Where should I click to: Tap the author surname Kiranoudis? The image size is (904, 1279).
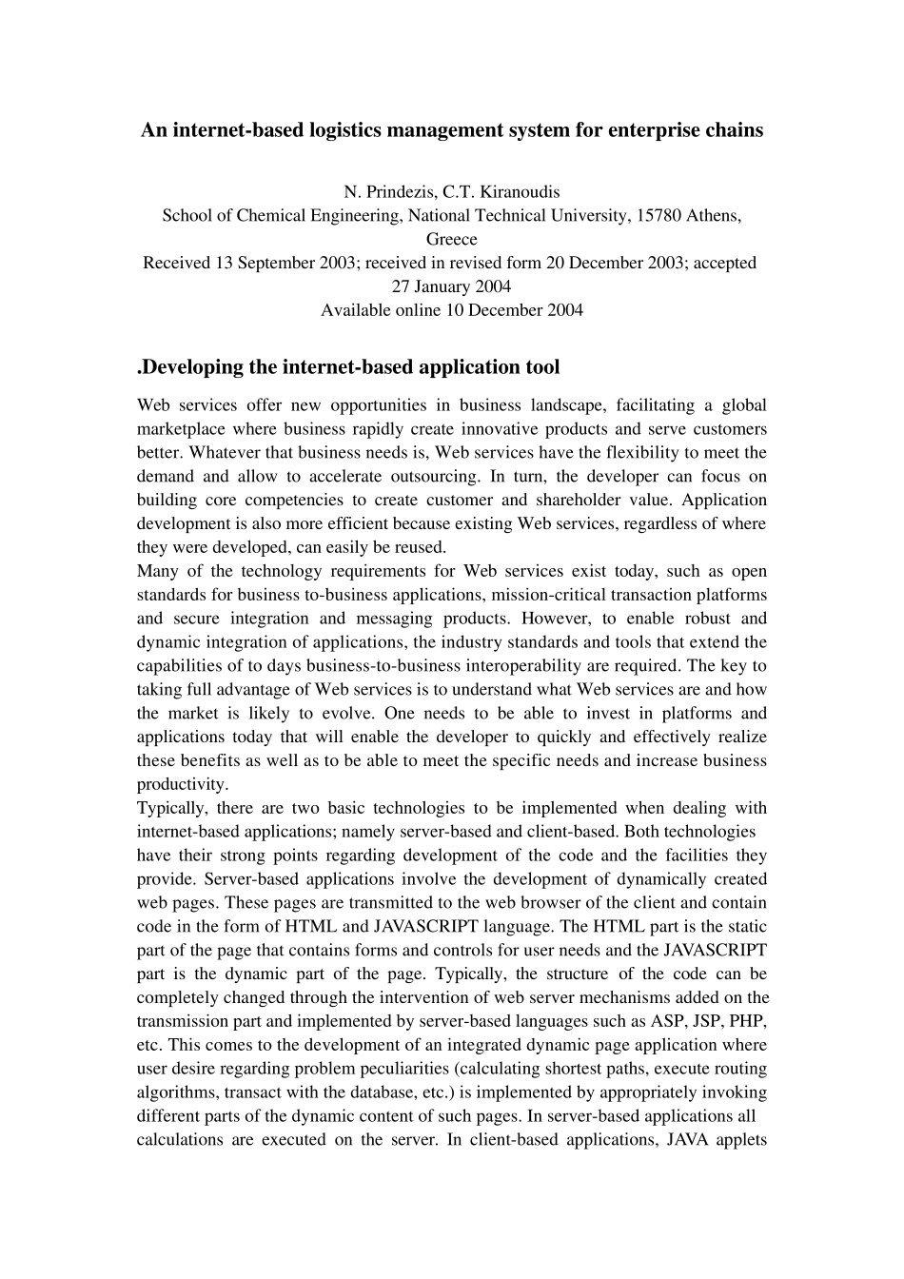520,191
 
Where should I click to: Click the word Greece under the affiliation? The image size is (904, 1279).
451,239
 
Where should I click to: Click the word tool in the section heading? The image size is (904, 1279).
542,367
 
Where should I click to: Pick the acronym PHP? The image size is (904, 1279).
750,1021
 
